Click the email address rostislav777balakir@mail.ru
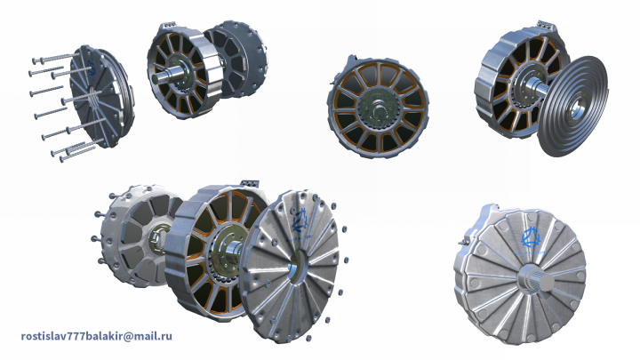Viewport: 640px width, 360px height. pos(96,336)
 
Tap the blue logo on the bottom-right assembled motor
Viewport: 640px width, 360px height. pos(530,238)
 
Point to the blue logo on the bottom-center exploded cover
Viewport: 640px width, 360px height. pos(300,221)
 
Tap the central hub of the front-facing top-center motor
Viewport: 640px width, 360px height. pos(379,108)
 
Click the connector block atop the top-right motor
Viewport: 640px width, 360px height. pos(547,25)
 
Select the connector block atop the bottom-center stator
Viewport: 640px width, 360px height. pos(250,184)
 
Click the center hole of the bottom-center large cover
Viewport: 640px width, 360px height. pos(296,269)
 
